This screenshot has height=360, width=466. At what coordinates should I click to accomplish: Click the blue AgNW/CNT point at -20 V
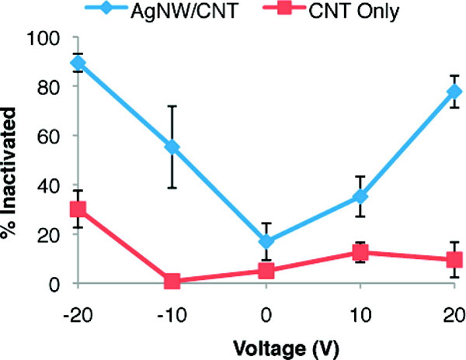(x=78, y=62)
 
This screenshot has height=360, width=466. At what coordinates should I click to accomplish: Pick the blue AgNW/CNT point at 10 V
(x=360, y=197)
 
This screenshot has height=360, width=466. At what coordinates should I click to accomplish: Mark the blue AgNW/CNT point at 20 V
(x=454, y=92)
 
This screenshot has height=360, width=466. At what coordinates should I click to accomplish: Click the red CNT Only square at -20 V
(x=78, y=209)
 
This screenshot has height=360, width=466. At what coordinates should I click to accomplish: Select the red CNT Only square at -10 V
(x=172, y=281)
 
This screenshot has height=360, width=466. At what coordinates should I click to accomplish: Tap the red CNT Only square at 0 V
(x=266, y=271)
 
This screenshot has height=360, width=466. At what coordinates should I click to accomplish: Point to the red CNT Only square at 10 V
(x=360, y=252)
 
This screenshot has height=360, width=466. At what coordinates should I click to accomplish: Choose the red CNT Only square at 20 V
(x=454, y=260)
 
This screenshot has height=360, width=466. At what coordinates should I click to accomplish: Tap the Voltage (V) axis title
(x=266, y=343)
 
